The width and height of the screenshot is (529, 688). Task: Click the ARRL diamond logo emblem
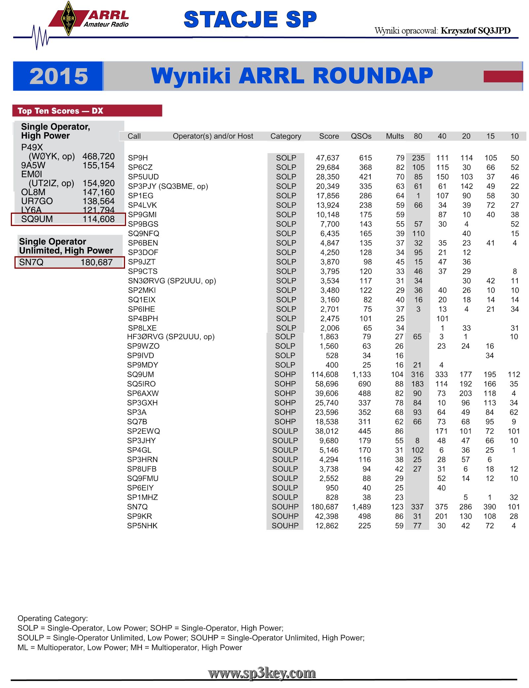[68, 19]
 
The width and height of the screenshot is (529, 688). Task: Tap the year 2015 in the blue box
[59, 76]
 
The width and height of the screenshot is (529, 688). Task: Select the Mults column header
[395, 136]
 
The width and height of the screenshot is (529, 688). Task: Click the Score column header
[329, 136]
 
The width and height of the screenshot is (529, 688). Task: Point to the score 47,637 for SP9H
[327, 158]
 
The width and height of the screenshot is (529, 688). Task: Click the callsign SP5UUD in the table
[143, 177]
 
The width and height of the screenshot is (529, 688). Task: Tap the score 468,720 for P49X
[99, 156]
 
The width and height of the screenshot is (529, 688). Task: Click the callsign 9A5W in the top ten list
[33, 165]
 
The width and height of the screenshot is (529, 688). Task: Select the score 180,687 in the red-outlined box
[97, 262]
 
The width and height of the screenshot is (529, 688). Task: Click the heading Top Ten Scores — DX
[61, 111]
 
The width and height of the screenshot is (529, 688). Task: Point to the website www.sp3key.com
[262, 673]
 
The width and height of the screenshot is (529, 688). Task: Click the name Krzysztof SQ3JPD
[475, 31]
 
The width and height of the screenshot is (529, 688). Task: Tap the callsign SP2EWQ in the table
[143, 431]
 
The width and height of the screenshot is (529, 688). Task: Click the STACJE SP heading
[250, 20]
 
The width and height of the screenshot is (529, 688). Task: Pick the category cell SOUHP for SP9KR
[285, 516]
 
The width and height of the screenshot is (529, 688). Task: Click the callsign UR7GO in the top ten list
[37, 201]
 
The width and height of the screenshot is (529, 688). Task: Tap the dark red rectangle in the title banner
[503, 76]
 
